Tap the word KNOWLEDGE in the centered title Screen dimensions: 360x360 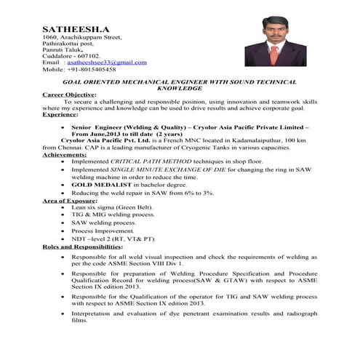tap(179, 88)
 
